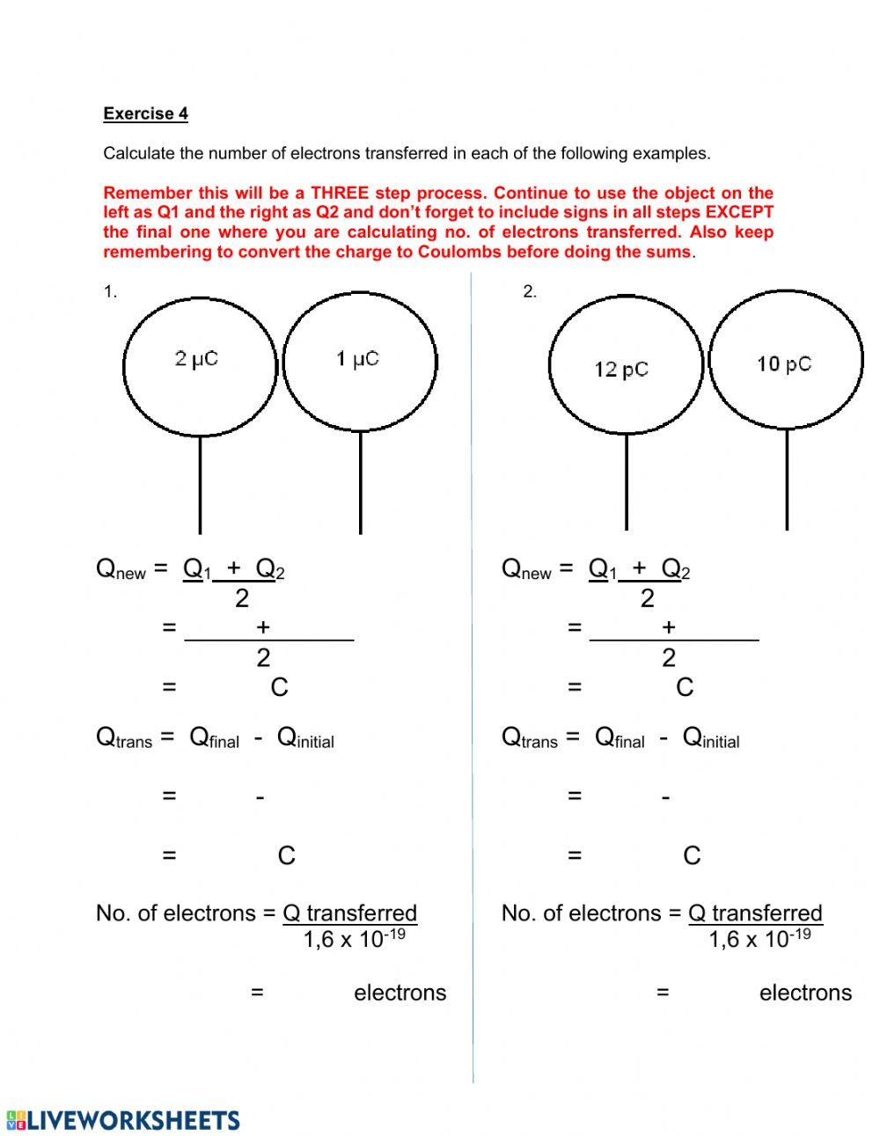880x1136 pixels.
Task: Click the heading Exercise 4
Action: click(x=145, y=114)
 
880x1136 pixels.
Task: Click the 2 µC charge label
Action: click(x=196, y=359)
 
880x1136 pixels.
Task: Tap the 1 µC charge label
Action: click(x=357, y=359)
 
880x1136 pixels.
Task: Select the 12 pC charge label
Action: click(x=621, y=370)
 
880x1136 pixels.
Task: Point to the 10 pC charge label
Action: click(x=783, y=364)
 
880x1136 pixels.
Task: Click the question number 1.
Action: click(x=110, y=292)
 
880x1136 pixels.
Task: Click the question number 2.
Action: click(x=529, y=292)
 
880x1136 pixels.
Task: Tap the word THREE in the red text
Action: click(x=339, y=193)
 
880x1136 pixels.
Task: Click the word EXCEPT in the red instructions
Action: click(x=739, y=212)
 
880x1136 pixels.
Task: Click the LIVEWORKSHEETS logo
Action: click(x=123, y=1120)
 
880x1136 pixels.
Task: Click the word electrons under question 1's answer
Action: click(x=400, y=993)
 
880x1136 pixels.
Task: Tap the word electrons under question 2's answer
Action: click(x=805, y=993)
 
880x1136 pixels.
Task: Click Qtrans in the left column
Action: click(x=123, y=737)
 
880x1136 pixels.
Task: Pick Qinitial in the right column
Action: click(x=710, y=737)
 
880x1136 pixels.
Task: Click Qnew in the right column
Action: click(x=525, y=569)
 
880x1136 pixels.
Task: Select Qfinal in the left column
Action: click(x=214, y=737)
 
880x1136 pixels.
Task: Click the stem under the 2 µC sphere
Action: click(x=200, y=484)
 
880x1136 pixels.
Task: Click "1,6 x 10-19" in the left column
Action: click(x=354, y=939)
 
